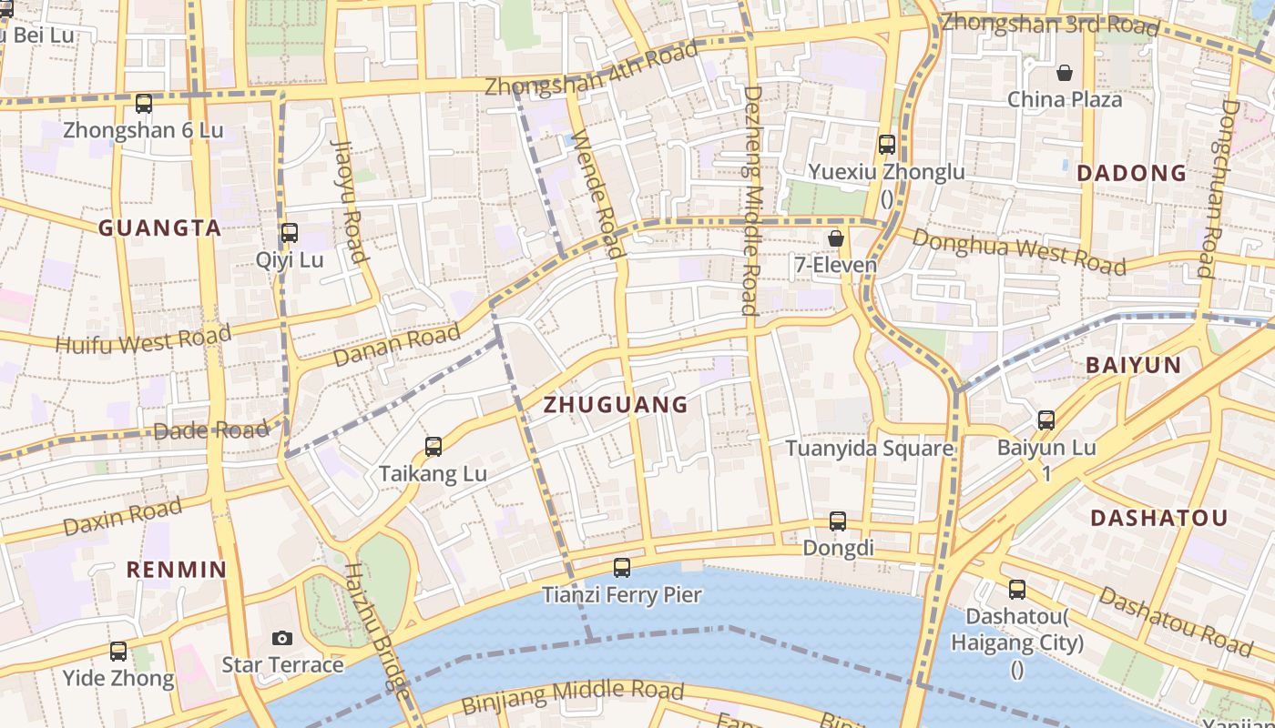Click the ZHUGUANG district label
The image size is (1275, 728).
coord(616,406)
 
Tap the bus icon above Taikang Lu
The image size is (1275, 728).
coord(433,447)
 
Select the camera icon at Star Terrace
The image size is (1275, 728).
coord(282,638)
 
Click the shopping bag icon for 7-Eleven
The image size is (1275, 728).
coord(835,238)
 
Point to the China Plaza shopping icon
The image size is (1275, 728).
coord(1064,73)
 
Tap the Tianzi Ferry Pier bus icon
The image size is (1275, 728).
coord(622,568)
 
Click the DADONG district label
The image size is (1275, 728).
coord(1132,173)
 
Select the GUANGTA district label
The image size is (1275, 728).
coord(159,228)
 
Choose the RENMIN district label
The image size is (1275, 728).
coord(176,570)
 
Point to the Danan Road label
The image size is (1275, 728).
coord(396,346)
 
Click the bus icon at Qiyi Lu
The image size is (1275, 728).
coord(289,233)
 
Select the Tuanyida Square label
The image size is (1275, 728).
coord(869,449)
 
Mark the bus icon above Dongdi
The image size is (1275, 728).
coord(838,521)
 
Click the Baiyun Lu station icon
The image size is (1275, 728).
coord(1046,420)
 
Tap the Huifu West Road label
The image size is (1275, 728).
coord(143,340)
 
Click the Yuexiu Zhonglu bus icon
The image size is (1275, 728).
coord(886,145)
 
